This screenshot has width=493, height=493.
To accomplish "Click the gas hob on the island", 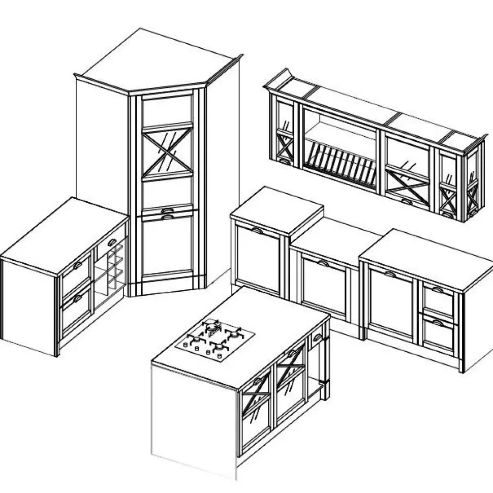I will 214,337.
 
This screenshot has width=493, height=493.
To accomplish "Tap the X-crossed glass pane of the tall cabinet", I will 167,150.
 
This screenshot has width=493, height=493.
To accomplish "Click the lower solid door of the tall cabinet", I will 167,246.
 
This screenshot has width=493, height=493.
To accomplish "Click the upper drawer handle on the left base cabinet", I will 77,266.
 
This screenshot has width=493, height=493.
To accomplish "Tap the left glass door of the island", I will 257,412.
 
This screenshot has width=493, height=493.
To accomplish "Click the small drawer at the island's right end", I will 317,336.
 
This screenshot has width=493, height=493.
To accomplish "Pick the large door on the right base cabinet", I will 390,302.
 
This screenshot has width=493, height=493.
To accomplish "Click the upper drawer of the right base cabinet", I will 438,298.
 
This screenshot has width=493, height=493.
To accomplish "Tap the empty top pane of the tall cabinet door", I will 167,110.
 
